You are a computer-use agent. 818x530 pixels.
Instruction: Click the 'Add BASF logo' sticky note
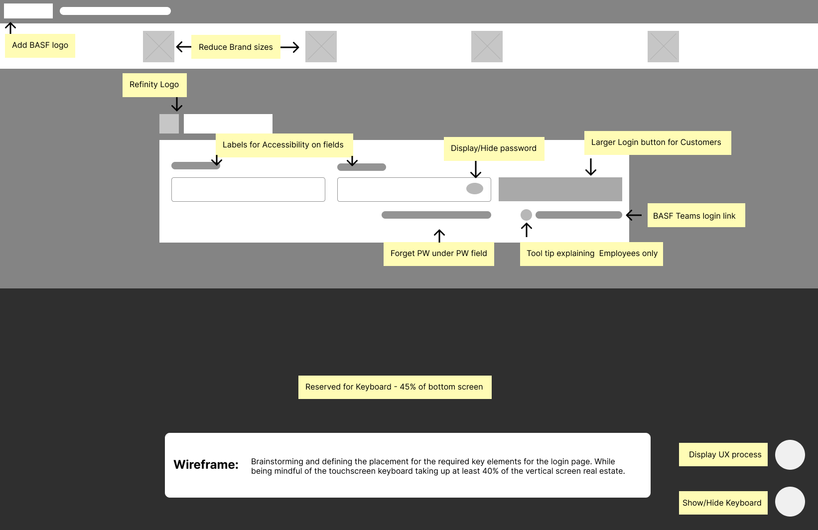pyautogui.click(x=40, y=46)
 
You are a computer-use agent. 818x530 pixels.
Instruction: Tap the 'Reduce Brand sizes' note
pyautogui.click(x=236, y=47)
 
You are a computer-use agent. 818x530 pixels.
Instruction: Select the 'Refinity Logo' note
pyautogui.click(x=154, y=85)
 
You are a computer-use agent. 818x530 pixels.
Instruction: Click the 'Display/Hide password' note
pyautogui.click(x=494, y=148)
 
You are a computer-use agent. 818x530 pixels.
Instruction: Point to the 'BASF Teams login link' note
pyautogui.click(x=696, y=215)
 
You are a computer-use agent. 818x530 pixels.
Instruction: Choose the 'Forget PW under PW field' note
pyautogui.click(x=438, y=254)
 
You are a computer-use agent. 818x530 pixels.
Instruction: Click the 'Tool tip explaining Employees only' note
pyautogui.click(x=592, y=254)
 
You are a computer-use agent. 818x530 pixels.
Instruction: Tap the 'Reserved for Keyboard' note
pyautogui.click(x=395, y=387)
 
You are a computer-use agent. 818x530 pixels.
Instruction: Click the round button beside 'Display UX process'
pyautogui.click(x=790, y=455)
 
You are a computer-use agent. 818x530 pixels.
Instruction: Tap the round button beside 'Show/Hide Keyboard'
pyautogui.click(x=790, y=502)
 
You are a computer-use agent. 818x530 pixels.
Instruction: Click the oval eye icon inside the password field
pyautogui.click(x=475, y=188)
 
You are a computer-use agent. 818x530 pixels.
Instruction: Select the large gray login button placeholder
pyautogui.click(x=560, y=189)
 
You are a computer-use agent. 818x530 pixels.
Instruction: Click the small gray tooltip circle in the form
pyautogui.click(x=526, y=215)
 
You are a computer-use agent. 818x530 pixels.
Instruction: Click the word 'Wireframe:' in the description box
pyautogui.click(x=206, y=465)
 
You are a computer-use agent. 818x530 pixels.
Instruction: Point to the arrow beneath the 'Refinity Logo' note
pyautogui.click(x=177, y=104)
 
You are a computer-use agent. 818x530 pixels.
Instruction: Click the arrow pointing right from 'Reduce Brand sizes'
pyautogui.click(x=290, y=47)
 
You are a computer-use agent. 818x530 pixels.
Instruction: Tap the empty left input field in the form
pyautogui.click(x=248, y=190)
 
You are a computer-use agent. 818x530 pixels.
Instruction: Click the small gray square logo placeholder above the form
pyautogui.click(x=169, y=124)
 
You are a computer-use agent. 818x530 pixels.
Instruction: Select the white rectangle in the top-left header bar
pyautogui.click(x=28, y=11)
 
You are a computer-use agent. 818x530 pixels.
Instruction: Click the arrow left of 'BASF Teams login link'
pyautogui.click(x=634, y=215)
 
